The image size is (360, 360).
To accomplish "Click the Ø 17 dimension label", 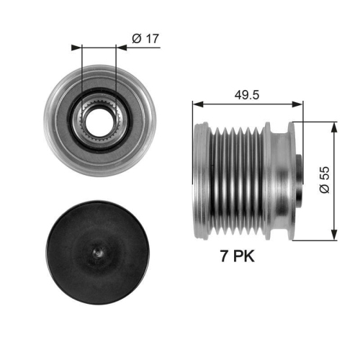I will point(146,40).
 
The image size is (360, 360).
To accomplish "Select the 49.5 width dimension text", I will point(247,94).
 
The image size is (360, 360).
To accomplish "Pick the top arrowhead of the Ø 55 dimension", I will point(333,126).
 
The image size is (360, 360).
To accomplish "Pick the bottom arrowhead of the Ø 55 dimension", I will point(333,235).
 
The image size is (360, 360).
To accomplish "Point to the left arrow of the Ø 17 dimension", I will point(76,48).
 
